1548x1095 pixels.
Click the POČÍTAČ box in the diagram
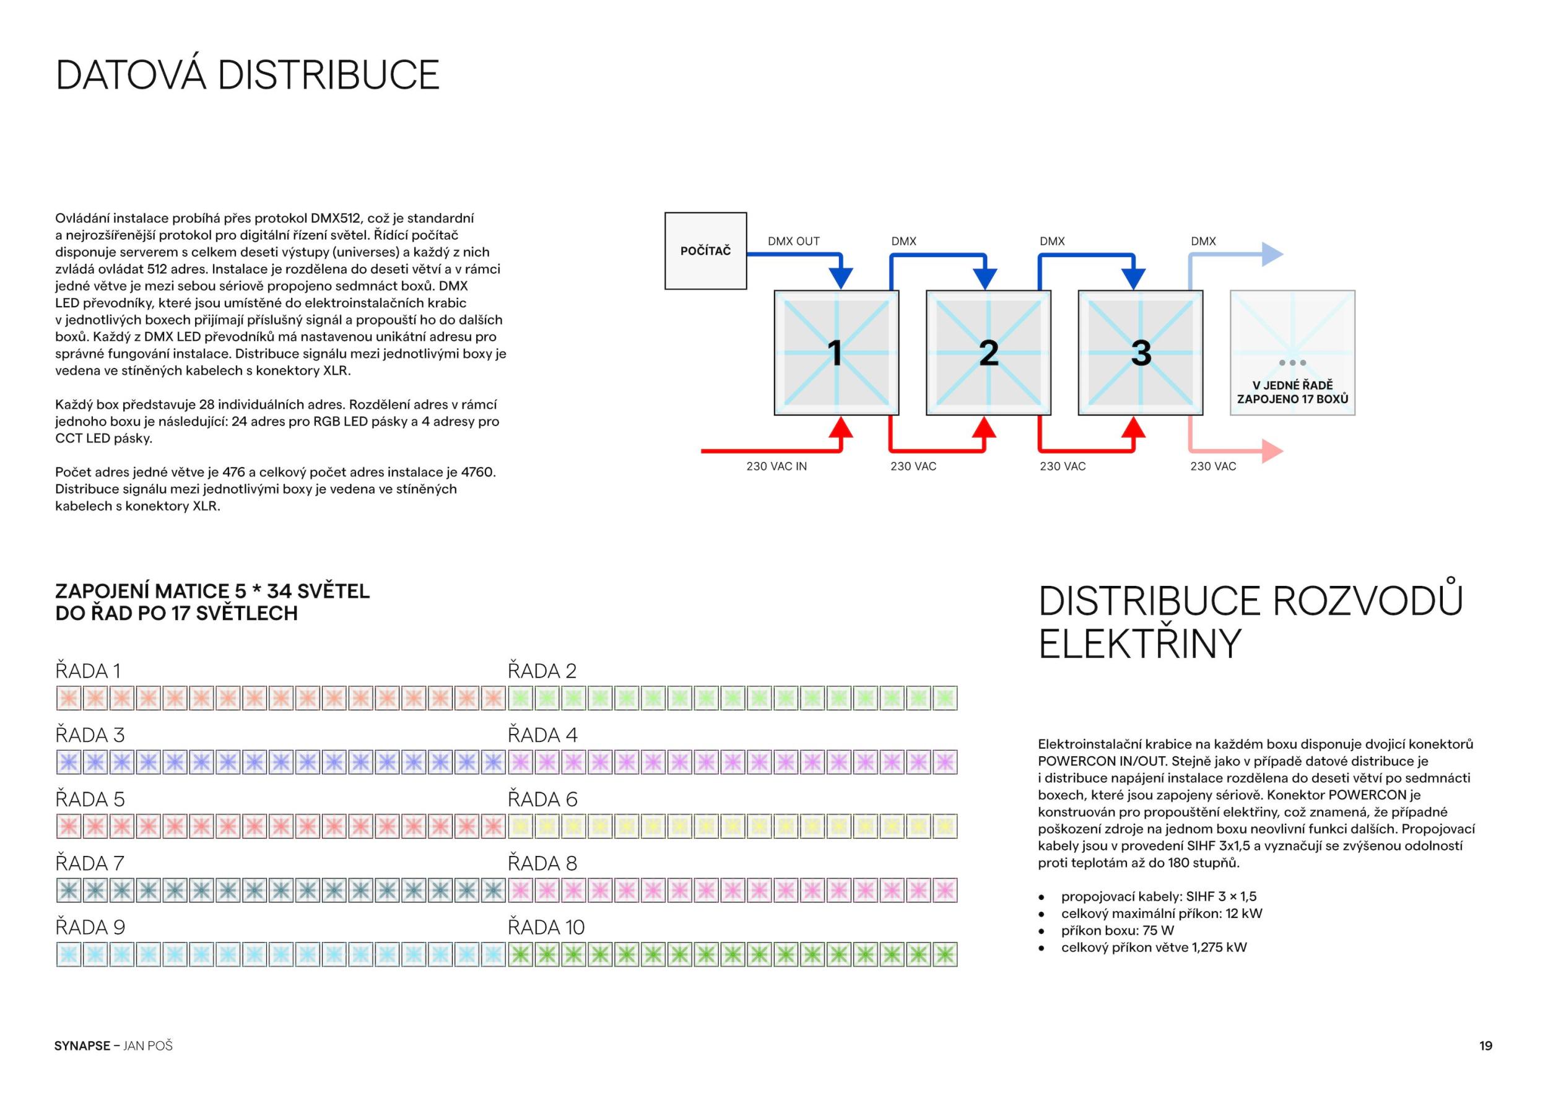[705, 251]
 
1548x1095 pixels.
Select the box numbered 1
[836, 352]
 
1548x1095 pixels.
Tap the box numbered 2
[988, 352]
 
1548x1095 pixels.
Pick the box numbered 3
[1141, 352]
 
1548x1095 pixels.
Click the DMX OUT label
[794, 242]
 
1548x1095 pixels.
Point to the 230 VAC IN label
[776, 466]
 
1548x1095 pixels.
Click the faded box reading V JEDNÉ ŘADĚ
[1292, 352]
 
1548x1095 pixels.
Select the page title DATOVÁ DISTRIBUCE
[248, 75]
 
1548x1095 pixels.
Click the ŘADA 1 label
[88, 671]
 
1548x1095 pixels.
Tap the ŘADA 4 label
[543, 735]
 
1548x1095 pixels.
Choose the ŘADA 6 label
[543, 799]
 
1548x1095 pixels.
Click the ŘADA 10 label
[546, 927]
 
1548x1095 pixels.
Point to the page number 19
[1486, 1046]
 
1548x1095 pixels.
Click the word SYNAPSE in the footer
[82, 1046]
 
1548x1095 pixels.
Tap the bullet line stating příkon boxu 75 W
[1117, 930]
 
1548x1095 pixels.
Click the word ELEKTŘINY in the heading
[1139, 644]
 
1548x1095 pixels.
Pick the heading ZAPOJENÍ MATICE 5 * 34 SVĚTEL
[212, 591]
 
